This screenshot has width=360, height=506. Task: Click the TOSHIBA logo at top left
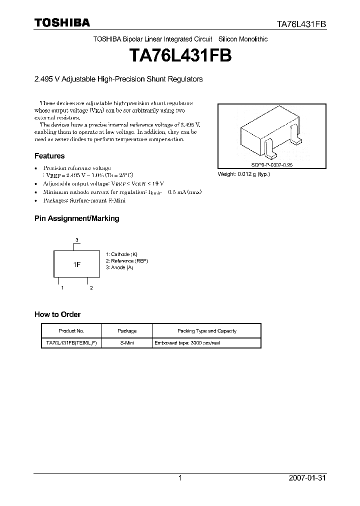62,22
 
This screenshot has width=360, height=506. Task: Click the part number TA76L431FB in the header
302,23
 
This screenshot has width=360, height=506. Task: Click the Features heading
49,156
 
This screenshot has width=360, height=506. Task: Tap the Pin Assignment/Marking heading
76,218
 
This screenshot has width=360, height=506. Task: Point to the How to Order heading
57,314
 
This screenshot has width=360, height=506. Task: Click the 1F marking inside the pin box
77,263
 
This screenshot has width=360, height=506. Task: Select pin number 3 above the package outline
77,240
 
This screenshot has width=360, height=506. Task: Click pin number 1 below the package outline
62,288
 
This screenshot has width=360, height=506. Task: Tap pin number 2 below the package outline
91,288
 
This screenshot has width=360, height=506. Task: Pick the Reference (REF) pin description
126,260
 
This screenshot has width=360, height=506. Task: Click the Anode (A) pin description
119,267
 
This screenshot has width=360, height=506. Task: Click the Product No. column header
71,331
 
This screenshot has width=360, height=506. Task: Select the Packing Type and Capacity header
207,331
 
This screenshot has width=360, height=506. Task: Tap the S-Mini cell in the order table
127,343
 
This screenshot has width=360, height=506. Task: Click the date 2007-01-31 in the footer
307,478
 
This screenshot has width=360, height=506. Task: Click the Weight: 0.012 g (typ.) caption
243,174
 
